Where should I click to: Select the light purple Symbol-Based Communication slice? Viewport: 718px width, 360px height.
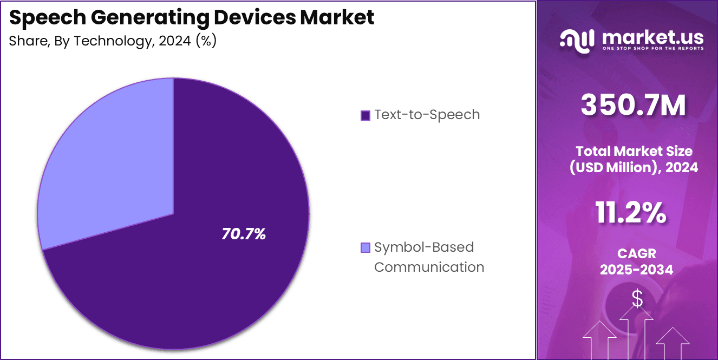click(x=108, y=162)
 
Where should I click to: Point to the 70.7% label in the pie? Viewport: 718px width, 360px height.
click(x=244, y=234)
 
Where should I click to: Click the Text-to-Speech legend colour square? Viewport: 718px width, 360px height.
click(x=365, y=115)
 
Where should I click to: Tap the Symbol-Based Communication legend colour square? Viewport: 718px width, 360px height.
click(x=365, y=248)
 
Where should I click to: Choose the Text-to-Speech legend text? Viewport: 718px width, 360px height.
click(x=427, y=115)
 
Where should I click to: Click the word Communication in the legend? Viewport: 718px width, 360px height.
click(x=429, y=267)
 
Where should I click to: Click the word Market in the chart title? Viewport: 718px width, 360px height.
click(x=337, y=18)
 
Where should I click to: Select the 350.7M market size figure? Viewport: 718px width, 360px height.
click(x=634, y=106)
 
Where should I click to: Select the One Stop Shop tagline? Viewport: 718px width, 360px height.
click(x=652, y=48)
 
